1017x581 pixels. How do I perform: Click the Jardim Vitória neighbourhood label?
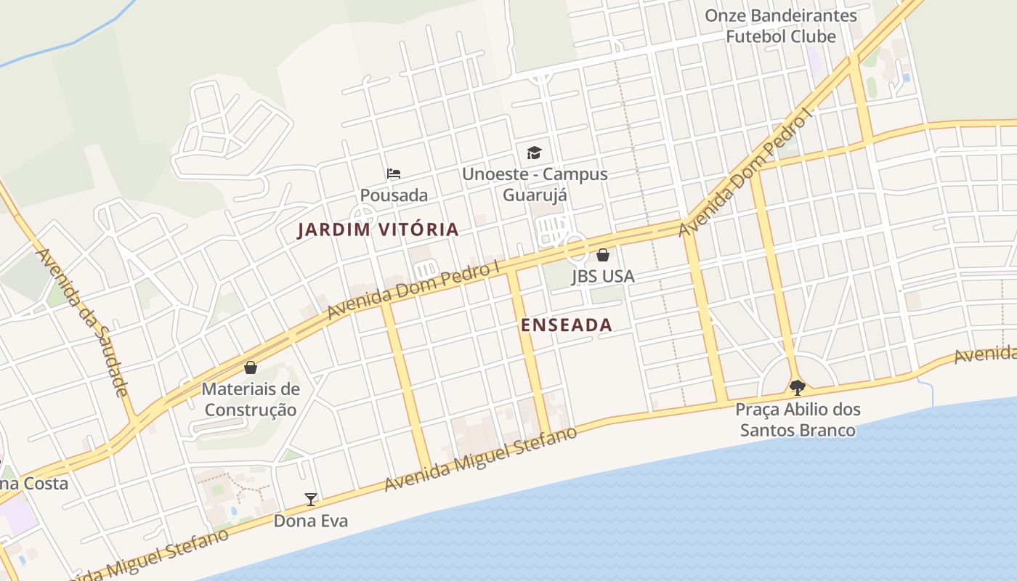tap(378, 230)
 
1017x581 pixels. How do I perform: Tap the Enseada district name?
tap(567, 325)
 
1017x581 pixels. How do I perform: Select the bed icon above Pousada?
tap(394, 174)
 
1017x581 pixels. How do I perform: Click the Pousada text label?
tap(394, 195)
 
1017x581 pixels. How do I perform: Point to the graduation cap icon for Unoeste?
tap(534, 153)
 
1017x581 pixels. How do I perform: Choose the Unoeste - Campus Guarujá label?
tap(535, 185)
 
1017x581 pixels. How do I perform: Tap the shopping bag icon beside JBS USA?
tap(602, 255)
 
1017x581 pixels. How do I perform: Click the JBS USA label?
tap(602, 276)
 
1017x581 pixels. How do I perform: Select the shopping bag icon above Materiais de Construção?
tap(251, 367)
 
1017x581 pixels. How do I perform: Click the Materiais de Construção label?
tap(251, 399)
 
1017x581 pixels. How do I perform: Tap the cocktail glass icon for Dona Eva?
tap(311, 499)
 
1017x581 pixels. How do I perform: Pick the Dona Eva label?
tap(311, 521)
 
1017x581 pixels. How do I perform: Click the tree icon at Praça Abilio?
tap(797, 386)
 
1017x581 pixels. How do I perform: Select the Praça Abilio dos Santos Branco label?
tap(798, 420)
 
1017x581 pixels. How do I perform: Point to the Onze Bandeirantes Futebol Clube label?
tap(781, 25)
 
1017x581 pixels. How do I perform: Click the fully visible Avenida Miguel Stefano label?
tap(481, 459)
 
